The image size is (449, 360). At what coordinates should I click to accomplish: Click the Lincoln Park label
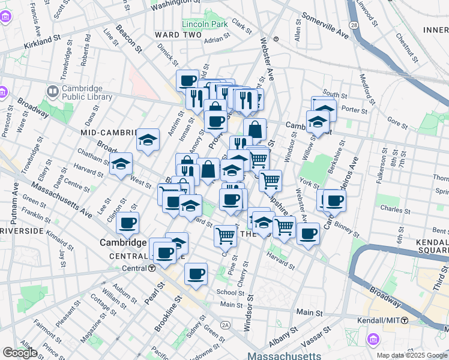click(205, 24)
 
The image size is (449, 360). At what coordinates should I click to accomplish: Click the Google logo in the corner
click(20, 353)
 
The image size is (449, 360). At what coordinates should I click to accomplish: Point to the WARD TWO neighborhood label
click(175, 35)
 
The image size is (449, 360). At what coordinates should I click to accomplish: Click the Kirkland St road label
click(43, 41)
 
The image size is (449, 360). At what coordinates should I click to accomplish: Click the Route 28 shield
click(354, 25)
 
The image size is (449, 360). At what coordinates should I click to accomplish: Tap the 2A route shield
click(225, 325)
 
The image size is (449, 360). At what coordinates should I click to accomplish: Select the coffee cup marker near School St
click(196, 274)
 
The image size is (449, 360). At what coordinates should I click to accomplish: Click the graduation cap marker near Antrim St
click(148, 140)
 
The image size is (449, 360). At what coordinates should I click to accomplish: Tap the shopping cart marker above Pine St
click(225, 235)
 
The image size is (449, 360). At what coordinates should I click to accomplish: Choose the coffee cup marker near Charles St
click(334, 200)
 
